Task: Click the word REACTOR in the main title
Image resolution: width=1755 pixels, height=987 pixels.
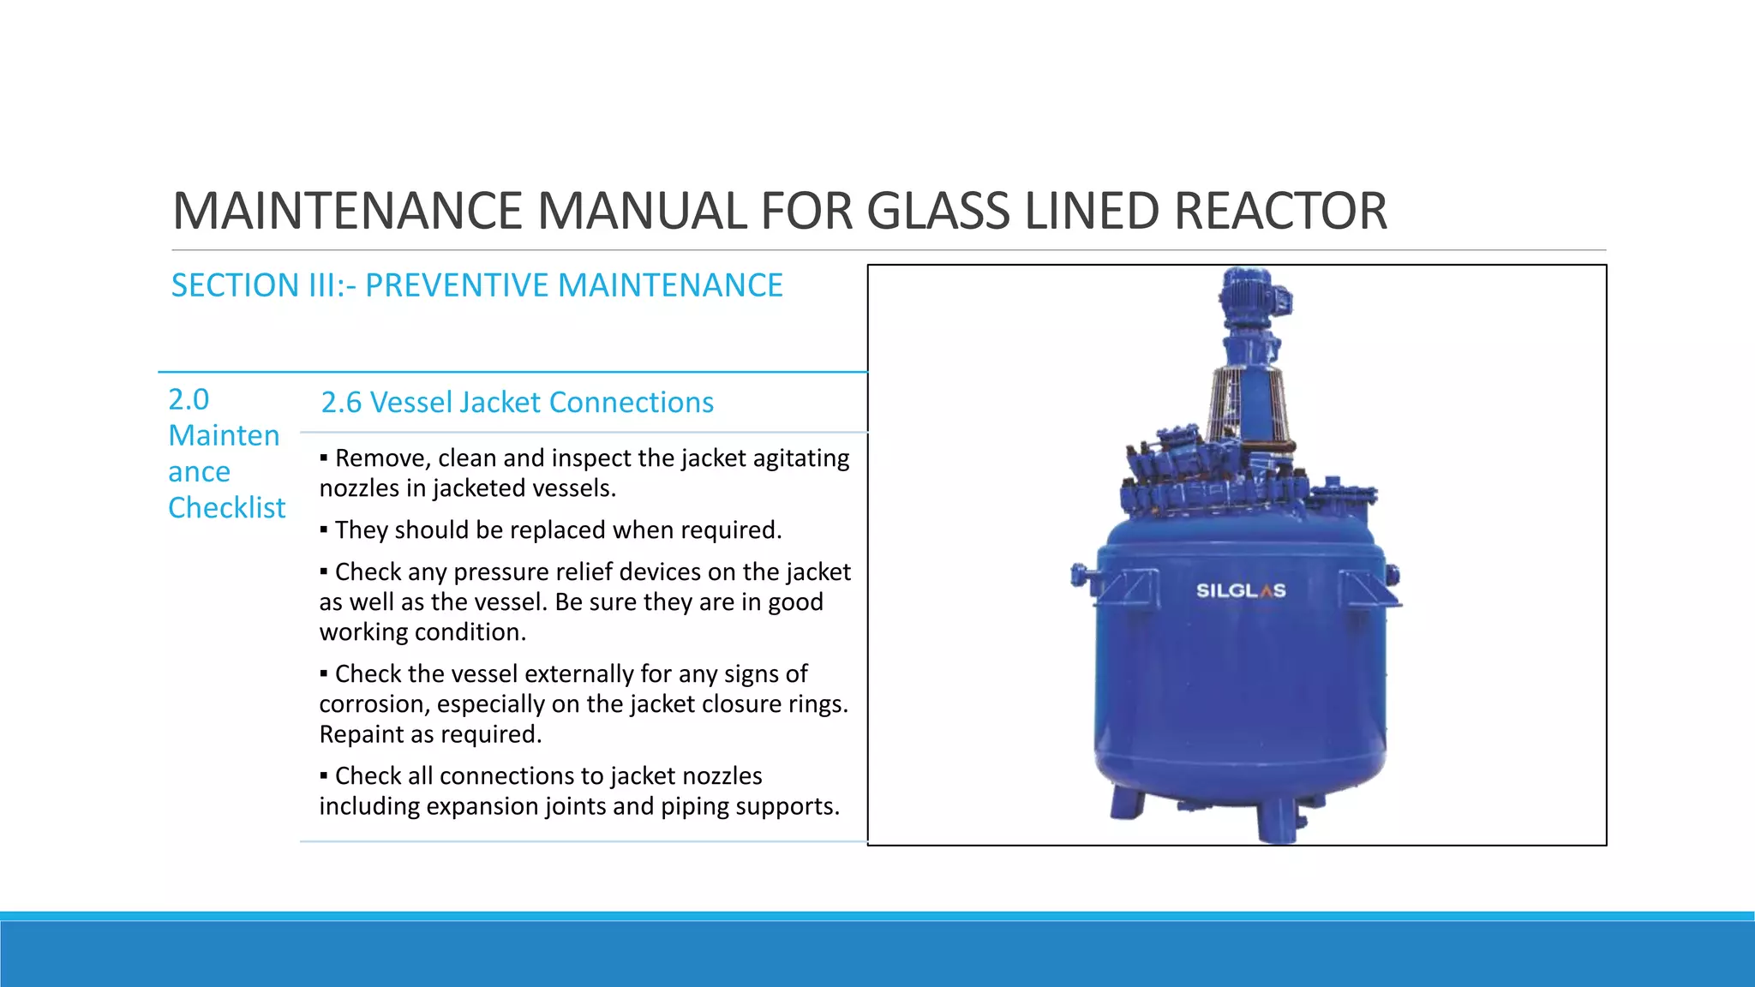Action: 1280,211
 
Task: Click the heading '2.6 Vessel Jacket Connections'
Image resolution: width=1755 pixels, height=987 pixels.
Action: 517,403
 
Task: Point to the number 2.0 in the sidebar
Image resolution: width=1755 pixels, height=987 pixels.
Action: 189,399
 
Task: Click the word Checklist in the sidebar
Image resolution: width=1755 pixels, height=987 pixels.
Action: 226,508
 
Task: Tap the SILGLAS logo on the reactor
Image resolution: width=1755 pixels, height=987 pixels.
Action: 1240,590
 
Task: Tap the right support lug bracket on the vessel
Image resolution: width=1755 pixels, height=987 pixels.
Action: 1364,589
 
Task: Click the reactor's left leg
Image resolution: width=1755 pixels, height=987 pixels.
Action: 1126,803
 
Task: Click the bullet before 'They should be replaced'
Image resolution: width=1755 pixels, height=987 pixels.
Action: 324,530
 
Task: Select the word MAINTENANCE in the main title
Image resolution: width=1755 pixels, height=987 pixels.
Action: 347,211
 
